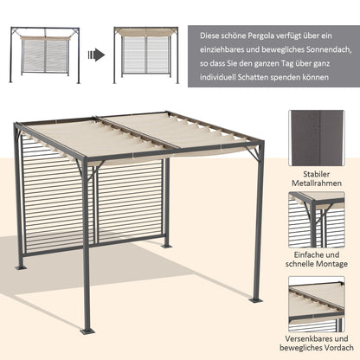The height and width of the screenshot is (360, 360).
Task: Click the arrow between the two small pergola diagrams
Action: pos(97,55)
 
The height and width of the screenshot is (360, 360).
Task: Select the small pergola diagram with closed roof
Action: pos(146,55)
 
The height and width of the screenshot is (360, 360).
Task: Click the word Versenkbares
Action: pos(312,337)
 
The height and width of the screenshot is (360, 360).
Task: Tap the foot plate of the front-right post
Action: pos(255,299)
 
